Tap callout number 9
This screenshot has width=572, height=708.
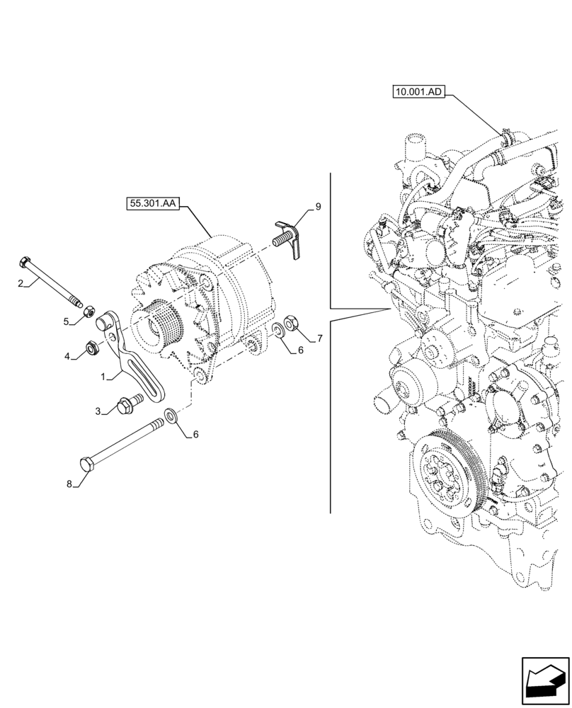pos(318,207)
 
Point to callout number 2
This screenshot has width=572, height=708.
pos(22,283)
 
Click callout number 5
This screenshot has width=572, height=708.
pos(66,321)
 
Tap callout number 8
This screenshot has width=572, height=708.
pos(69,485)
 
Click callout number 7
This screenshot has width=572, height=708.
pos(319,338)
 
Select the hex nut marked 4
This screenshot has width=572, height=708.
pos(91,347)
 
